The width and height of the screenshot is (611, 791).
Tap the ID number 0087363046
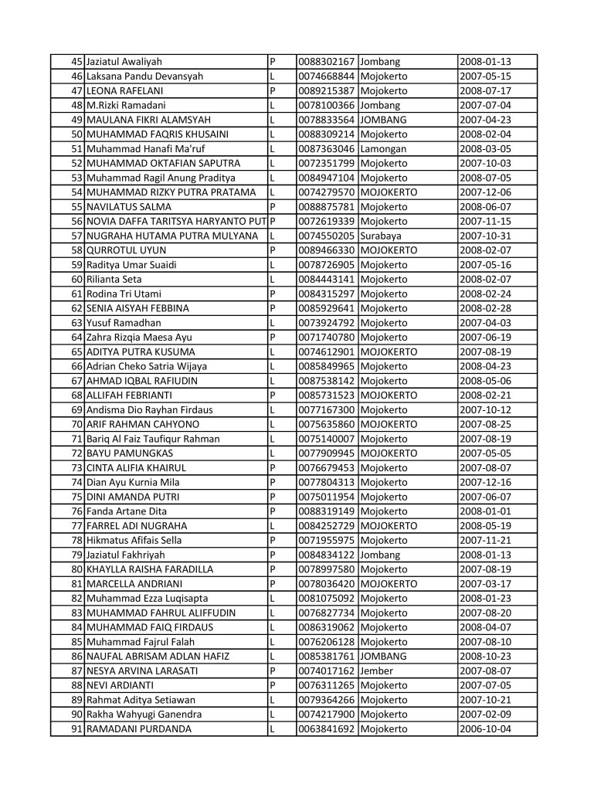pyautogui.click(x=327, y=148)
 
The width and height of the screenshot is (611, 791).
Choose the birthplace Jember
pyautogui.click(x=378, y=670)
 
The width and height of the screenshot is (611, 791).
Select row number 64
pyautogui.click(x=76, y=337)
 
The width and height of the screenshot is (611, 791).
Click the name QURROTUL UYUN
pyautogui.click(x=122, y=250)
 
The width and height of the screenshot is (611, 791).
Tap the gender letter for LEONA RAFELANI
pyautogui.click(x=272, y=90)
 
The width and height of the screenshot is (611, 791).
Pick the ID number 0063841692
pyautogui.click(x=327, y=728)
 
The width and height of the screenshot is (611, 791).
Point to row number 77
pyautogui.click(x=76, y=525)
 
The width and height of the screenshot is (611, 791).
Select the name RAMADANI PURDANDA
pyautogui.click(x=138, y=728)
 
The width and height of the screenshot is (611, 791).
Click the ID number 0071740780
pyautogui.click(x=327, y=337)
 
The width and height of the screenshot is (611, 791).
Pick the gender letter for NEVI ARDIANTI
pyautogui.click(x=272, y=685)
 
